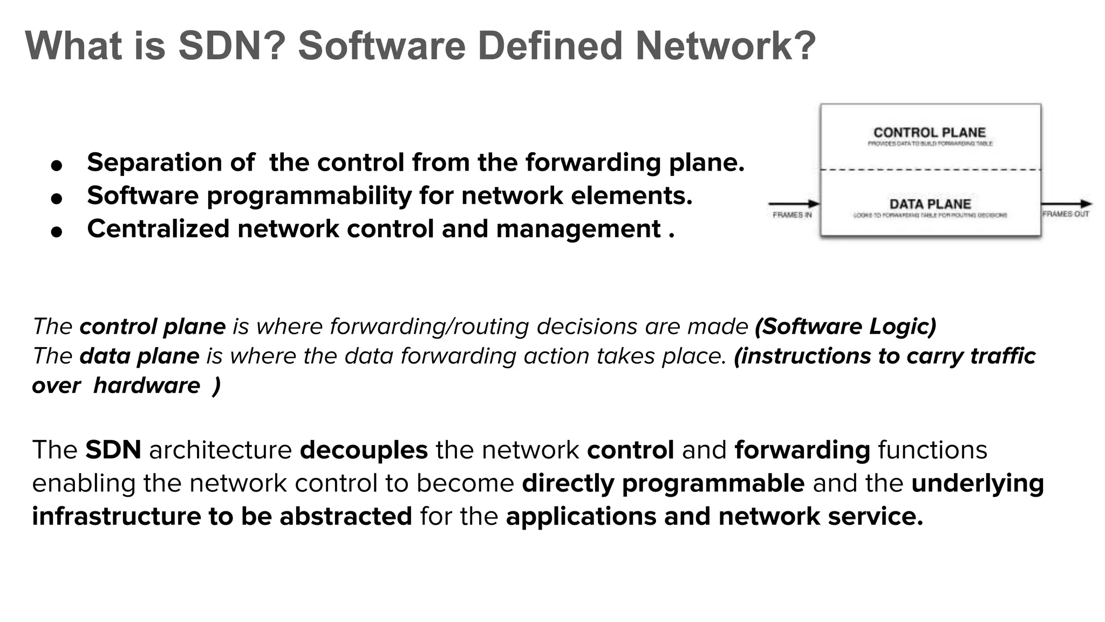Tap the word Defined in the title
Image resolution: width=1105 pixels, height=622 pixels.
551,46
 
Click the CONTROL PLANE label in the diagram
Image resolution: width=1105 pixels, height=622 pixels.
929,132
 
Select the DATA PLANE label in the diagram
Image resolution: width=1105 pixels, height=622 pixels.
930,204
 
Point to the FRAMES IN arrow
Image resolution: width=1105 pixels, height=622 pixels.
794,204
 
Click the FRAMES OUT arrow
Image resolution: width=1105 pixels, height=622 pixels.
1066,204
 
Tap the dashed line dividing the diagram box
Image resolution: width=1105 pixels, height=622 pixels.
930,170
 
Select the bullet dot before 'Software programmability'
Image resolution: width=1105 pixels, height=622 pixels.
57,198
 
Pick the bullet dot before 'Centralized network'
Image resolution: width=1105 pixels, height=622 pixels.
57,232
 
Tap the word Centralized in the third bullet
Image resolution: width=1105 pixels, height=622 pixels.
158,228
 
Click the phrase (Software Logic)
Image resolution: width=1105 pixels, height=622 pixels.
845,327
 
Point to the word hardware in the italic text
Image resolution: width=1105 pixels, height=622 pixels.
147,386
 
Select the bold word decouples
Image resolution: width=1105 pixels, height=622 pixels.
364,450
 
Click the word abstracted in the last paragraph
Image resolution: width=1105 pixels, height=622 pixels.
345,516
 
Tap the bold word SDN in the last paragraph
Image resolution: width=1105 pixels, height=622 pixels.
113,450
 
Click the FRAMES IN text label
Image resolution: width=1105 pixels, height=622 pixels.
792,215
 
